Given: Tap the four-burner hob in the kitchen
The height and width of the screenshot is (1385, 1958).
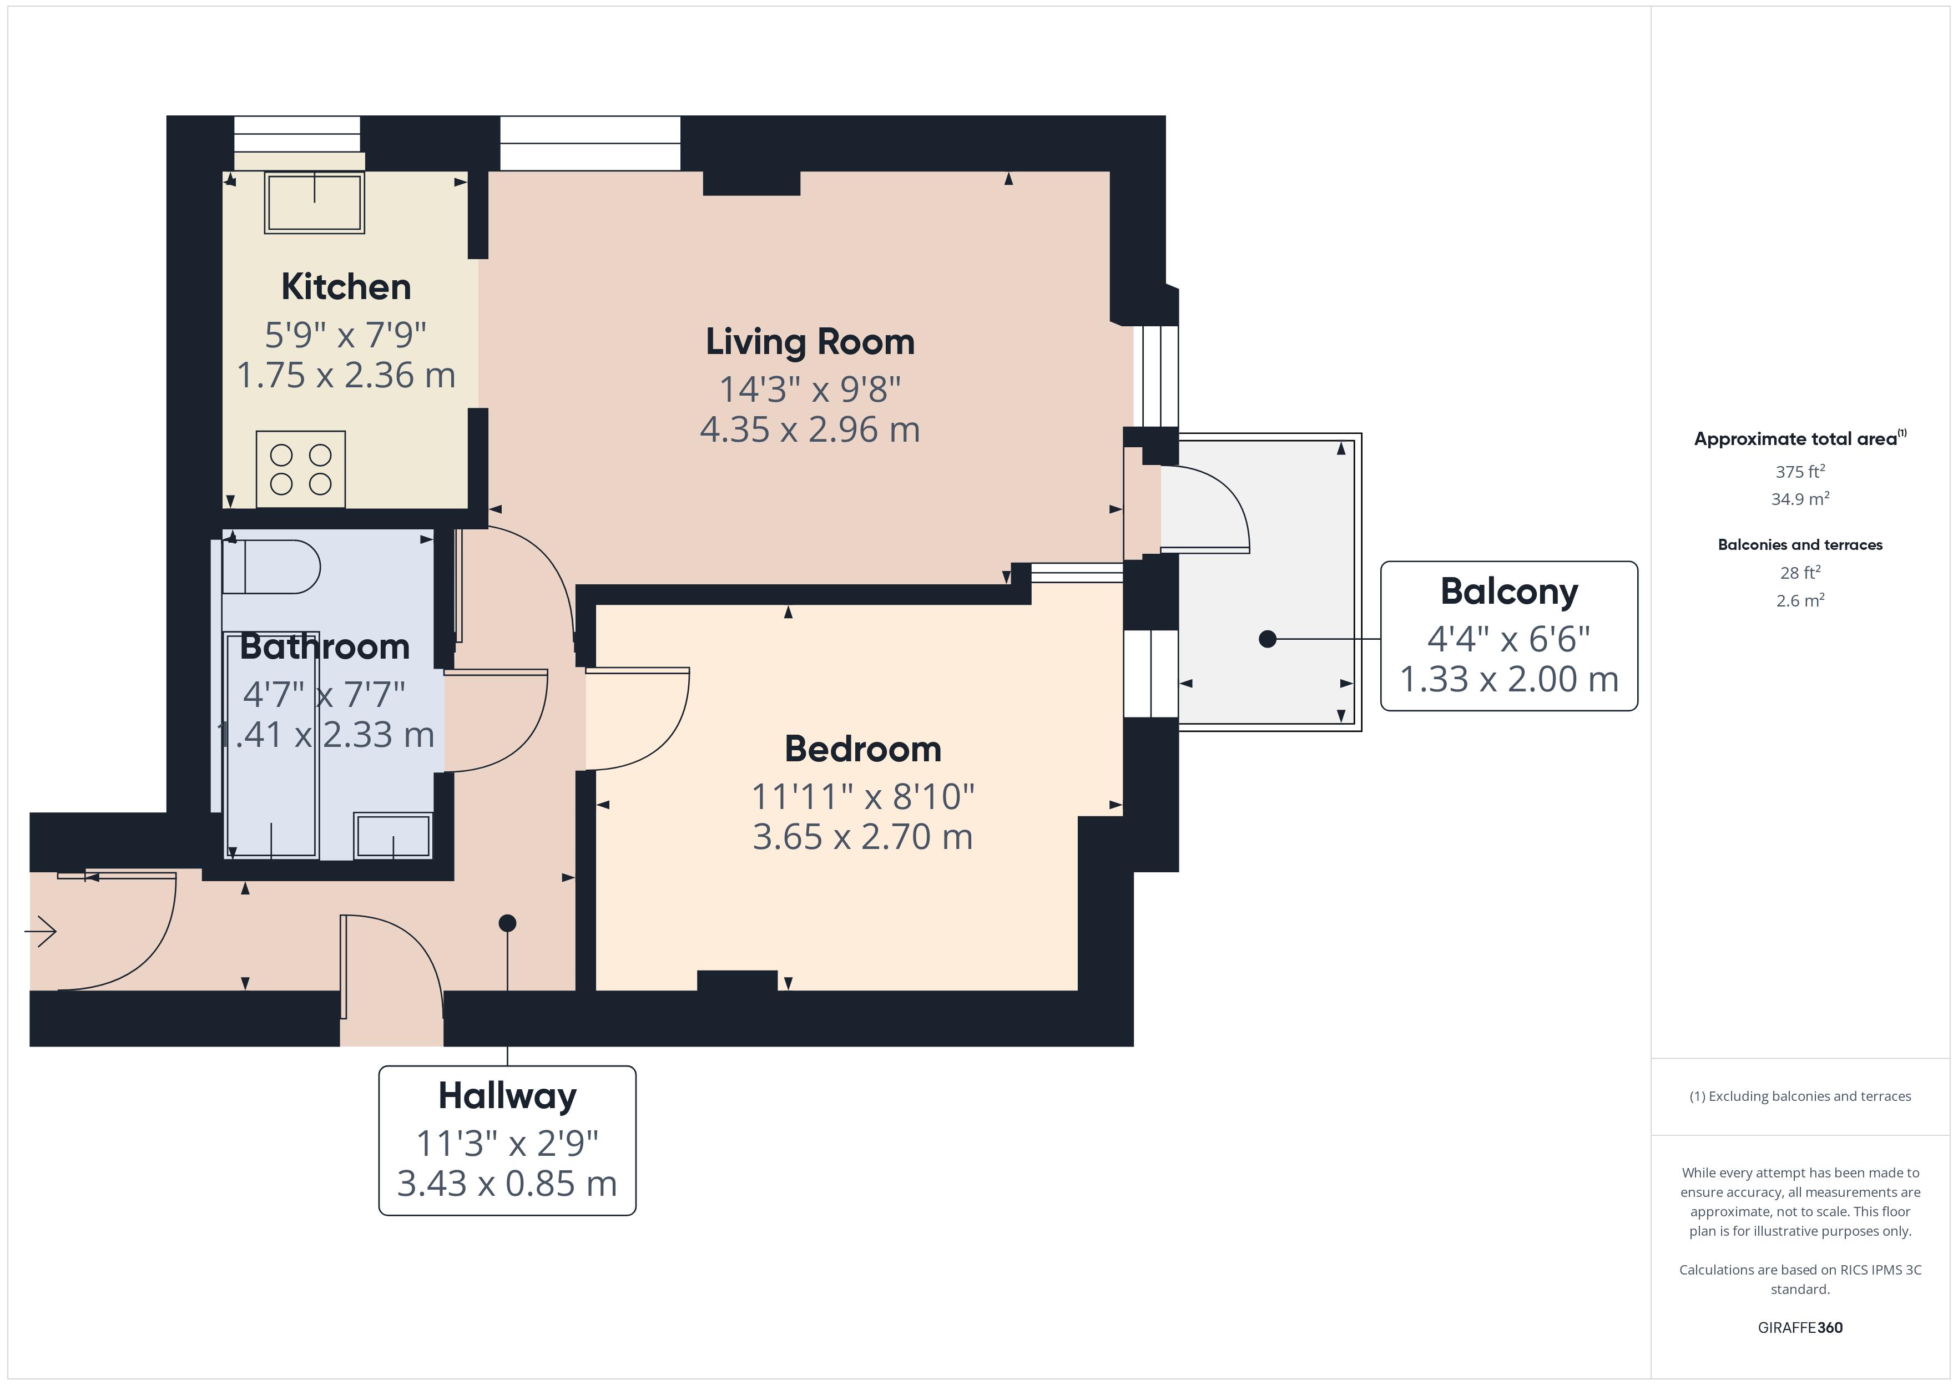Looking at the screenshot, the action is [301, 469].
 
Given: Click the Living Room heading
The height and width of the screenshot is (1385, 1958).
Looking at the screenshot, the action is [810, 342].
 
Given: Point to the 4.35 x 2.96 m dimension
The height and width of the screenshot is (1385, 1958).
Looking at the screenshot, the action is [810, 429].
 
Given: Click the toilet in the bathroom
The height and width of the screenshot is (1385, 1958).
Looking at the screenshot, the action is [271, 567].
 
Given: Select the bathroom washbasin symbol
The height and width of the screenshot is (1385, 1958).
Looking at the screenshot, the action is [393, 835].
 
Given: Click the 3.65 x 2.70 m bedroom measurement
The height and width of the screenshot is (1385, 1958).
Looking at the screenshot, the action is [863, 837].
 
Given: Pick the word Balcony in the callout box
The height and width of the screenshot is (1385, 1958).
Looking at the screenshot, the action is [1510, 592].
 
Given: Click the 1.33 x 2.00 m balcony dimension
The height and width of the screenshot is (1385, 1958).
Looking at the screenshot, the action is [1510, 679].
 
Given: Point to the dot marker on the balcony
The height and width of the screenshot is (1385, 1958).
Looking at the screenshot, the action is [1268, 639].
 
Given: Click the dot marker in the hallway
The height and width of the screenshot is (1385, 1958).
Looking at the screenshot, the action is [507, 923].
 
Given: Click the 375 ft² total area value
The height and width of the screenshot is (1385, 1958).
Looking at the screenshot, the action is [1800, 471].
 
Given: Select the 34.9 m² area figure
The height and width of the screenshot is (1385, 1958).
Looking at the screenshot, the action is [1800, 499].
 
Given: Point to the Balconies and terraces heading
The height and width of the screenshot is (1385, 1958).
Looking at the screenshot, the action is [1800, 545].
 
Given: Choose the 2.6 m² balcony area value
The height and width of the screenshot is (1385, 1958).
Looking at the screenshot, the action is [1800, 600].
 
